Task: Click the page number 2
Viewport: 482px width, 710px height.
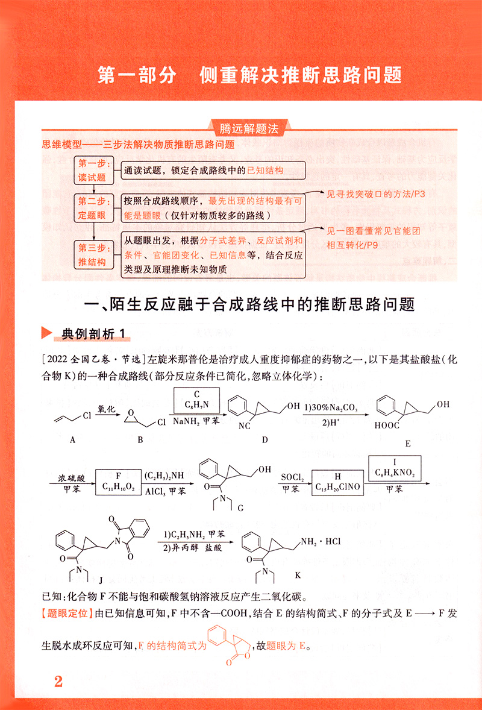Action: [58, 682]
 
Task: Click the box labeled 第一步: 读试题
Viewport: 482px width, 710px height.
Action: [93, 170]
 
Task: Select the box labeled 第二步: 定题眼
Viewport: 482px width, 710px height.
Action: [93, 208]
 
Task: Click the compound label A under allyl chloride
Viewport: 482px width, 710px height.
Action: [72, 440]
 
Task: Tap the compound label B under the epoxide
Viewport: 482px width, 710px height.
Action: [140, 440]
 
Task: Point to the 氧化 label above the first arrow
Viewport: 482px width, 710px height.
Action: [106, 409]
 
